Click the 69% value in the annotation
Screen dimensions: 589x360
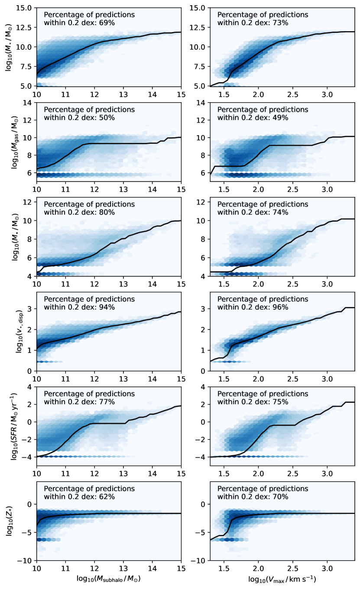pos(108,23)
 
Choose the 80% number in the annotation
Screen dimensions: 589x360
pos(108,212)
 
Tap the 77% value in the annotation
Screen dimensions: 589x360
pos(108,402)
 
